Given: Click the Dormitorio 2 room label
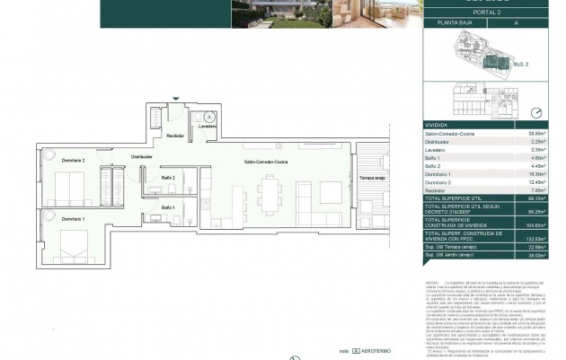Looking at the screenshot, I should [49, 160].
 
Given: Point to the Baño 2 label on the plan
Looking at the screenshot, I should [168, 178].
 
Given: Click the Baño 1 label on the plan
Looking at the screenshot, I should [168, 208].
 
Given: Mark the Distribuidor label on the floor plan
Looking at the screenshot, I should [141, 156].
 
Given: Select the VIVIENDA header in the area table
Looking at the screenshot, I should [438, 124].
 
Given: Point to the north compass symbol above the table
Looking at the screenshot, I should [536, 113].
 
